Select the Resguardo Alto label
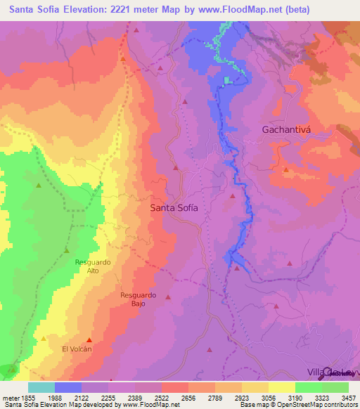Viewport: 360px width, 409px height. tap(93, 266)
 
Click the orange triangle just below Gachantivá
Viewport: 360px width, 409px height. tap(285, 170)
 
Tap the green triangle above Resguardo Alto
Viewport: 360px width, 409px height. tap(67, 250)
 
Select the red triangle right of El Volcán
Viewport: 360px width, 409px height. tap(89, 340)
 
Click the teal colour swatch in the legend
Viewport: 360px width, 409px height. tap(41, 387)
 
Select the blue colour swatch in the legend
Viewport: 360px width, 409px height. tap(68, 387)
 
